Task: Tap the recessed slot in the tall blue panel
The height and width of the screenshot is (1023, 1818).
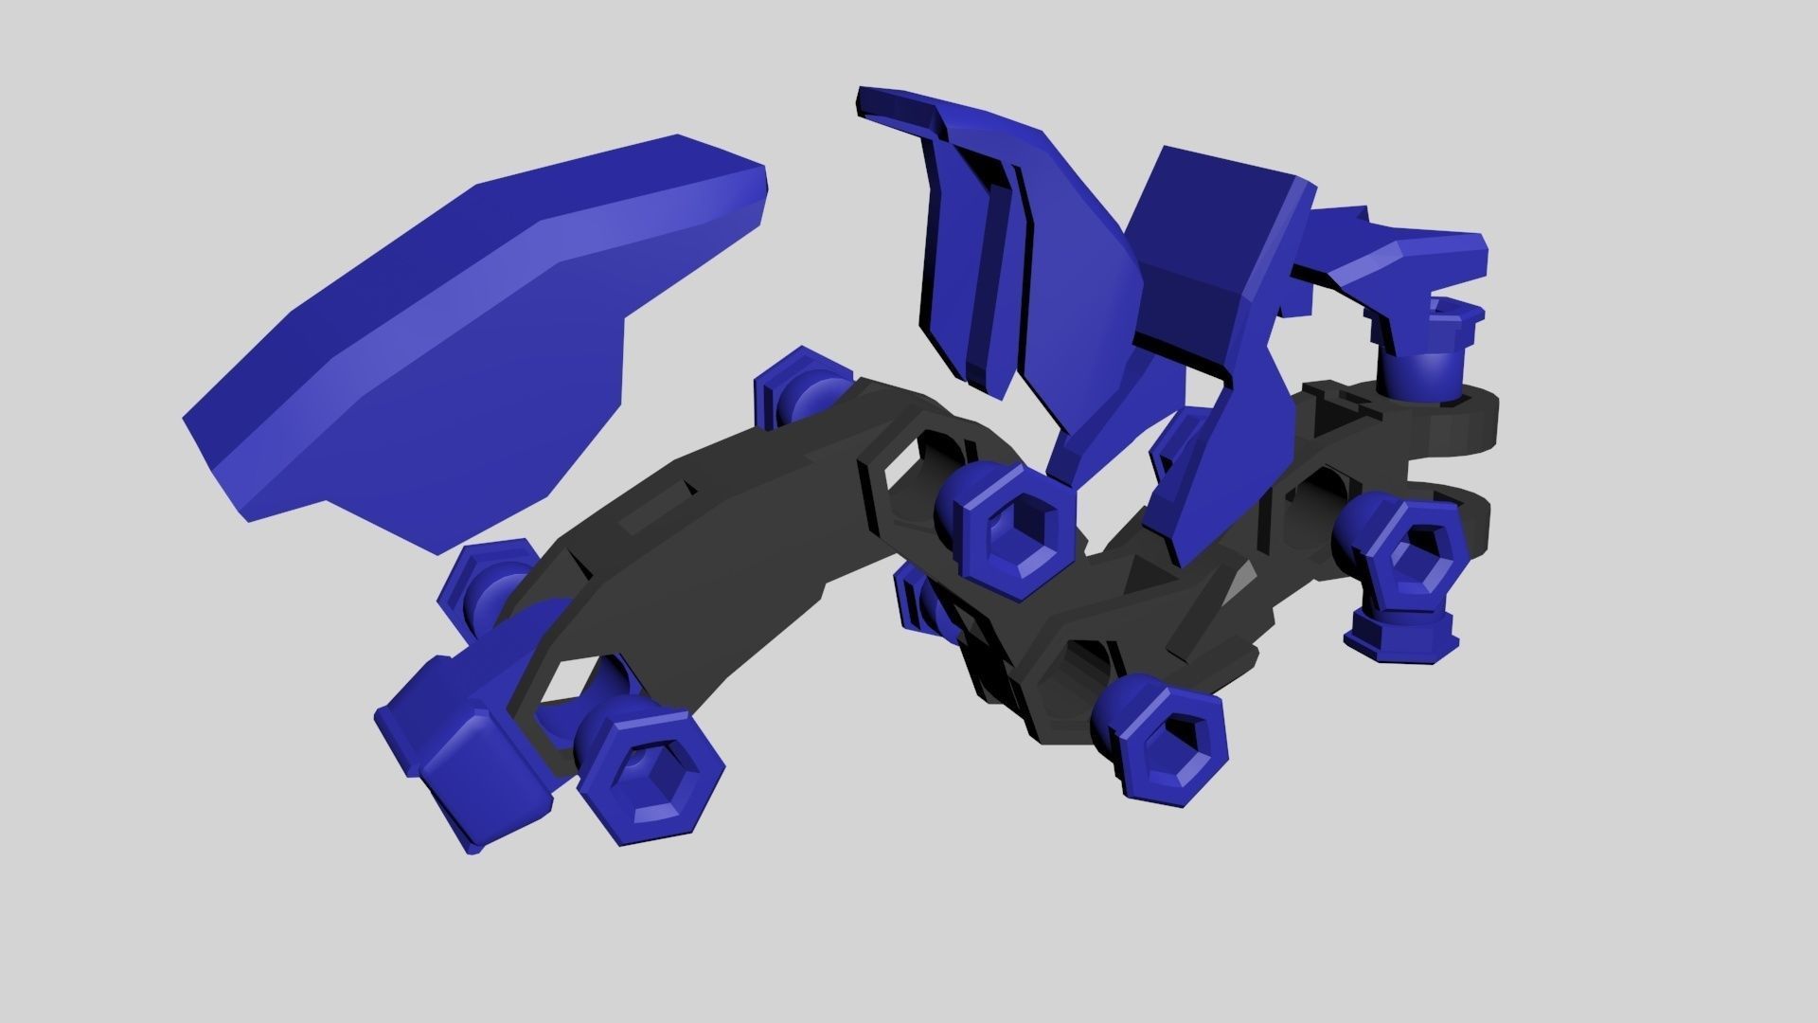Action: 994,284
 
